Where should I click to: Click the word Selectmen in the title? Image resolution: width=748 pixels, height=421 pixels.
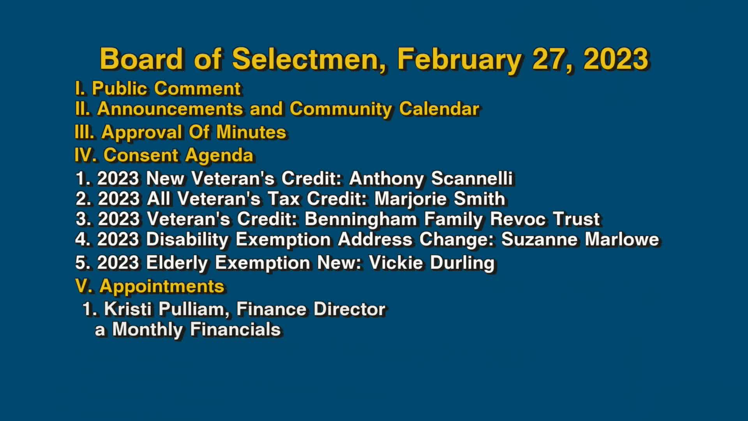tap(309, 59)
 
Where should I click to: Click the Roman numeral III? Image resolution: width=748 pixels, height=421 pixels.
tap(84, 132)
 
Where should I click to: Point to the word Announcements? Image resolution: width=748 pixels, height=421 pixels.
tap(170, 109)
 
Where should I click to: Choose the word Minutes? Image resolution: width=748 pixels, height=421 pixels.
tap(251, 132)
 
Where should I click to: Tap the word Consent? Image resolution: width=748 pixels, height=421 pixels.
tap(141, 155)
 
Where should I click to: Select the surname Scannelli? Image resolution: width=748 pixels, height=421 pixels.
tap(472, 179)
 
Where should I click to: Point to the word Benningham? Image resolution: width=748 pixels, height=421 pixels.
tap(360, 219)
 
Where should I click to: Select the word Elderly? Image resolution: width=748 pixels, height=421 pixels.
tap(177, 263)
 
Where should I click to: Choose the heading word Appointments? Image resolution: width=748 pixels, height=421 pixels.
tap(162, 286)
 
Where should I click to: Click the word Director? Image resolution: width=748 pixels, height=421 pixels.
tap(349, 310)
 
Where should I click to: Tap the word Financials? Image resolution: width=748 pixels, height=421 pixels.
tap(235, 330)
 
